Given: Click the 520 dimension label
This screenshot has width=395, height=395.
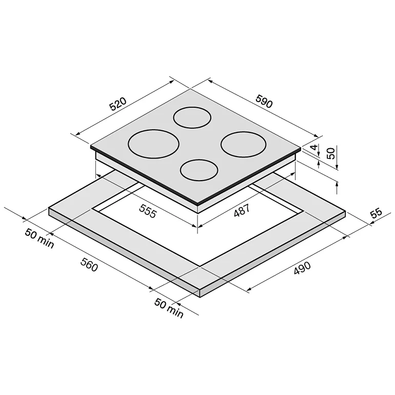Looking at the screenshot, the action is tap(118, 104).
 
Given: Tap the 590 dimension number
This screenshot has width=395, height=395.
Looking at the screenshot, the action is tap(264, 101).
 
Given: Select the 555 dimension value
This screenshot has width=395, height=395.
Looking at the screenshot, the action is tap(148, 211).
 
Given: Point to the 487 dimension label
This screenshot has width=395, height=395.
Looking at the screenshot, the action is tap(242, 210).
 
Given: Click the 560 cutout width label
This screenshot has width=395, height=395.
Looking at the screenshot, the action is tap(89, 265).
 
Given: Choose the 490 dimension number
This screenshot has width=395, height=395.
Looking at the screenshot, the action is tap(302, 268).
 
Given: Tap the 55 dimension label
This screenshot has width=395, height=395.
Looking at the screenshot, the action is tap(376, 213).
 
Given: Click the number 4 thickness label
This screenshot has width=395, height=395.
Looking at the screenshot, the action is tap(314, 147).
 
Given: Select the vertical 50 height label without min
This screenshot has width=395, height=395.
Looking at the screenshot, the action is tap(331, 153).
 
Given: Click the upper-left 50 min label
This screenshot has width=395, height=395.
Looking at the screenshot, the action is tap(39, 239).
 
